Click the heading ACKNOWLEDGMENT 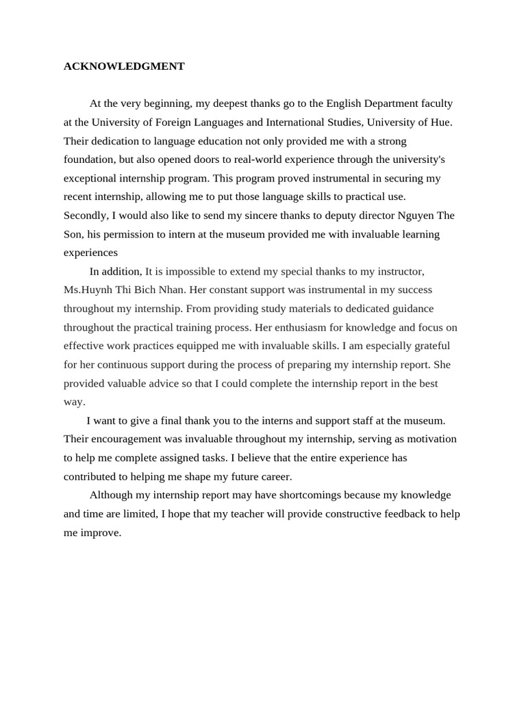pos(124,66)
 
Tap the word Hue pos(441,123)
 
